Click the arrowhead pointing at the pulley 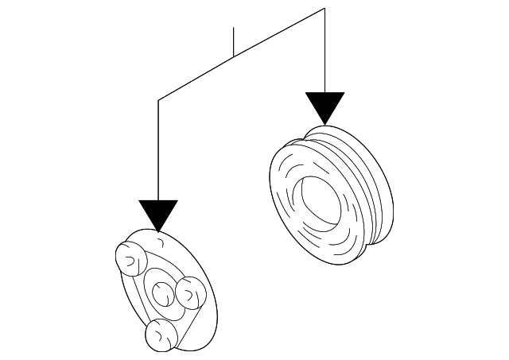tap(324, 106)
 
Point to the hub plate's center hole tap(161, 292)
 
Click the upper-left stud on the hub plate tap(127, 256)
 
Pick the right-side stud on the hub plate tap(190, 292)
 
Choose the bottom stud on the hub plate tap(160, 335)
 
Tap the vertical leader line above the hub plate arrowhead tap(158, 151)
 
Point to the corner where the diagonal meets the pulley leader tap(324, 9)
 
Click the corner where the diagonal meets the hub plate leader tap(158, 100)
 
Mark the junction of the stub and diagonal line tap(233, 57)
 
